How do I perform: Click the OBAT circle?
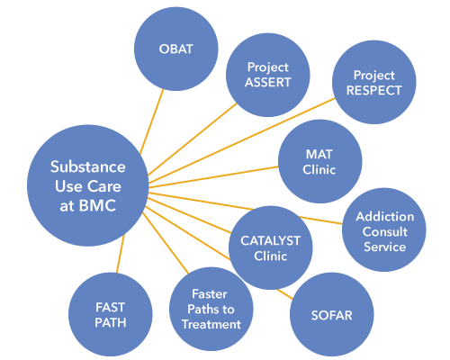tap(176, 49)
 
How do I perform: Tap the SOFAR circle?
tap(332, 315)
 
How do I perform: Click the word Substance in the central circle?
tap(88, 166)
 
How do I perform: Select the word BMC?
tap(97, 206)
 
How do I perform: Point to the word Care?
tap(104, 186)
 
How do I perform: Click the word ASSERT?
tap(268, 82)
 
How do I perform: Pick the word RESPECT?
tap(374, 90)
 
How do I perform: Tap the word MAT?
tap(319, 155)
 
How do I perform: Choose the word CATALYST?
tap(270, 240)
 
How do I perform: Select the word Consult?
tap(385, 231)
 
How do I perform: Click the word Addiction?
tap(385, 216)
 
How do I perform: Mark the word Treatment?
tap(211, 324)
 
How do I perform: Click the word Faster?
tap(210, 294)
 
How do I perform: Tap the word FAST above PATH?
tap(111, 307)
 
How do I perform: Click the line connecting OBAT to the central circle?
tap(152, 121)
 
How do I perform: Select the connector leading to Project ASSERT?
tap(193, 139)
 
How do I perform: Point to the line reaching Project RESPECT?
tap(241, 140)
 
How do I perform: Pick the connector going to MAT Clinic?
tap(213, 177)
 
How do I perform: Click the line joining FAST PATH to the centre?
tap(121, 254)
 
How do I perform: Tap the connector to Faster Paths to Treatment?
tap(166, 243)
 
